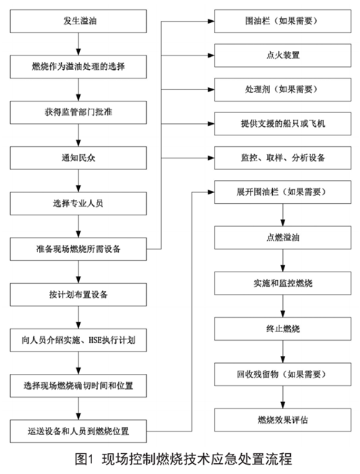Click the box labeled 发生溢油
point(78,21)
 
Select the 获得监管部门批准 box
point(78,112)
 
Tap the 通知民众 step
point(78,158)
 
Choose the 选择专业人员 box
point(78,203)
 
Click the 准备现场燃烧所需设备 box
point(78,249)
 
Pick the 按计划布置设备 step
point(78,295)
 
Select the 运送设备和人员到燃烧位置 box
point(78,431)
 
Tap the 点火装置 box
point(283,55)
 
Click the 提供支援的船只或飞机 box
point(283,124)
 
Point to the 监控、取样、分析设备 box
point(283,158)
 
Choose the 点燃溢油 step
point(283,238)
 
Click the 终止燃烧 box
point(283,329)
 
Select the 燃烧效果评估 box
point(283,420)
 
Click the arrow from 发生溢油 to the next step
point(78,44)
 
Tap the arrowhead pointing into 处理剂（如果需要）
point(211,90)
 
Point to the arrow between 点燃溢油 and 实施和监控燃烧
point(283,261)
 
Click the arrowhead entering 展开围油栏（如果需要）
point(211,192)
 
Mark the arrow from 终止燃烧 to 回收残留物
point(283,352)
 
